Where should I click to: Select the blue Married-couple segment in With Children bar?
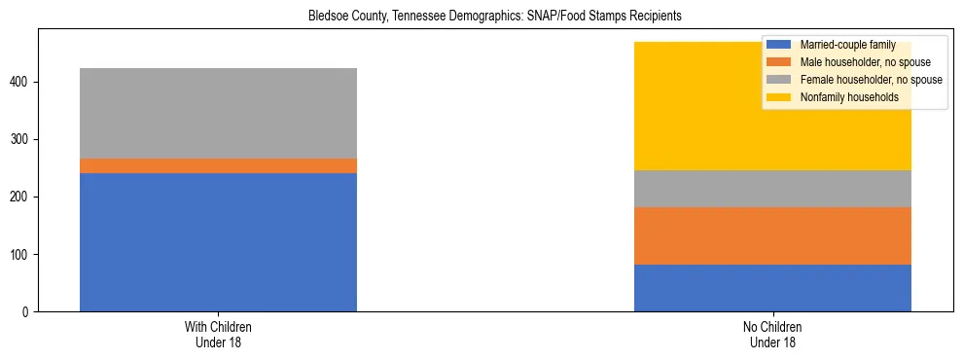click(218, 242)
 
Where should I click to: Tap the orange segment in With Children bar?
click(218, 165)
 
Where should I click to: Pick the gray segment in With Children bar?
click(218, 113)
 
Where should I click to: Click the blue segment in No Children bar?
click(772, 288)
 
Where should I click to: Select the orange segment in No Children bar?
click(772, 235)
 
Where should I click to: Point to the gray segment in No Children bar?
click(772, 189)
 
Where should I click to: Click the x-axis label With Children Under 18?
click(218, 335)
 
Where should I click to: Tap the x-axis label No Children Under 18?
click(772, 335)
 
